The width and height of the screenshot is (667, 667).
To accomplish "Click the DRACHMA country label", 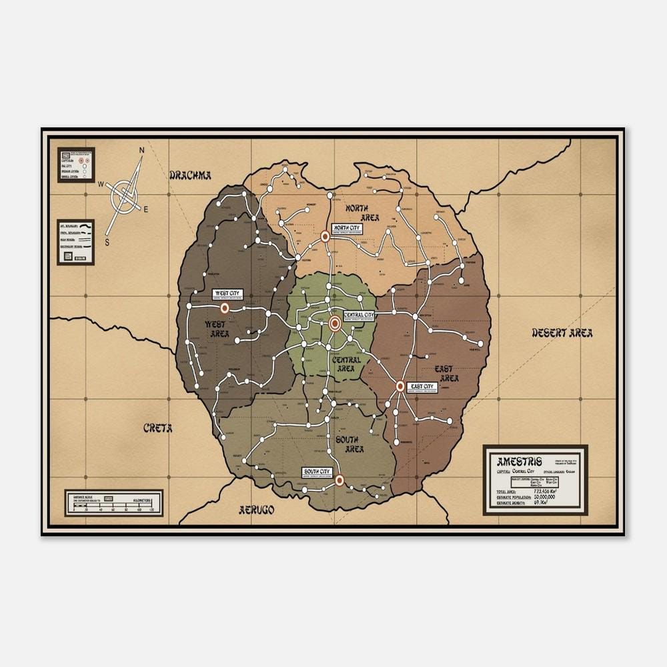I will click(190, 175).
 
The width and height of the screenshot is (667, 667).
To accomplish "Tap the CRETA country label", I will click(158, 428).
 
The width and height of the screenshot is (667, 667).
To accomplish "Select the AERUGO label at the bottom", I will click(257, 510).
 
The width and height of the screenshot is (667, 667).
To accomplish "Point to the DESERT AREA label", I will click(562, 333).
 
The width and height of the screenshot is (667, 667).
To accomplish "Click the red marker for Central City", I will click(335, 323).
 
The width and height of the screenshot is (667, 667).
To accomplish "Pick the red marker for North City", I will click(325, 236).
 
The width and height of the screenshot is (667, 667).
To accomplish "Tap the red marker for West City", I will click(225, 308).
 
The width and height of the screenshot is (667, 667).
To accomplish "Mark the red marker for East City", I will click(400, 386).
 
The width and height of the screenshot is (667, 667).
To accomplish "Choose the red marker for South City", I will click(339, 480).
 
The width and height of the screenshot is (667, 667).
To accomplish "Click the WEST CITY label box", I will click(227, 293).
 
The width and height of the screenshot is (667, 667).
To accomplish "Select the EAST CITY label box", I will click(423, 387).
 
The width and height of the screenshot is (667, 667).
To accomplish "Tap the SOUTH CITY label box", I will click(316, 472).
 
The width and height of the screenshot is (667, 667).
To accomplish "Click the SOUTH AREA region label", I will click(350, 444).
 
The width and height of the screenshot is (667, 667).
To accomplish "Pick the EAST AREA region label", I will click(447, 374).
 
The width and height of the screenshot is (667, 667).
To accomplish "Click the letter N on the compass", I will click(141, 151).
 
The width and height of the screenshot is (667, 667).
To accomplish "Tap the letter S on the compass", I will click(106, 242).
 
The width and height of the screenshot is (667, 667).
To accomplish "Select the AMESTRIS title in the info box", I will click(520, 462).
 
